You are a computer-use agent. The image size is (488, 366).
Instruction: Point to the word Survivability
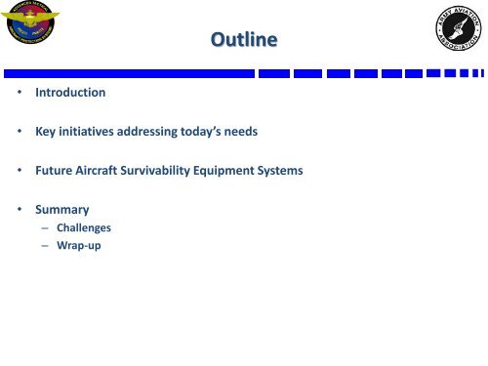170,170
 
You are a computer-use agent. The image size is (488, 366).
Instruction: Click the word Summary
61,209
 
